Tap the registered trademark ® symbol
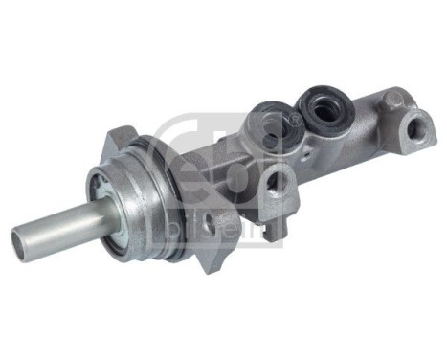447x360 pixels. (295, 119)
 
